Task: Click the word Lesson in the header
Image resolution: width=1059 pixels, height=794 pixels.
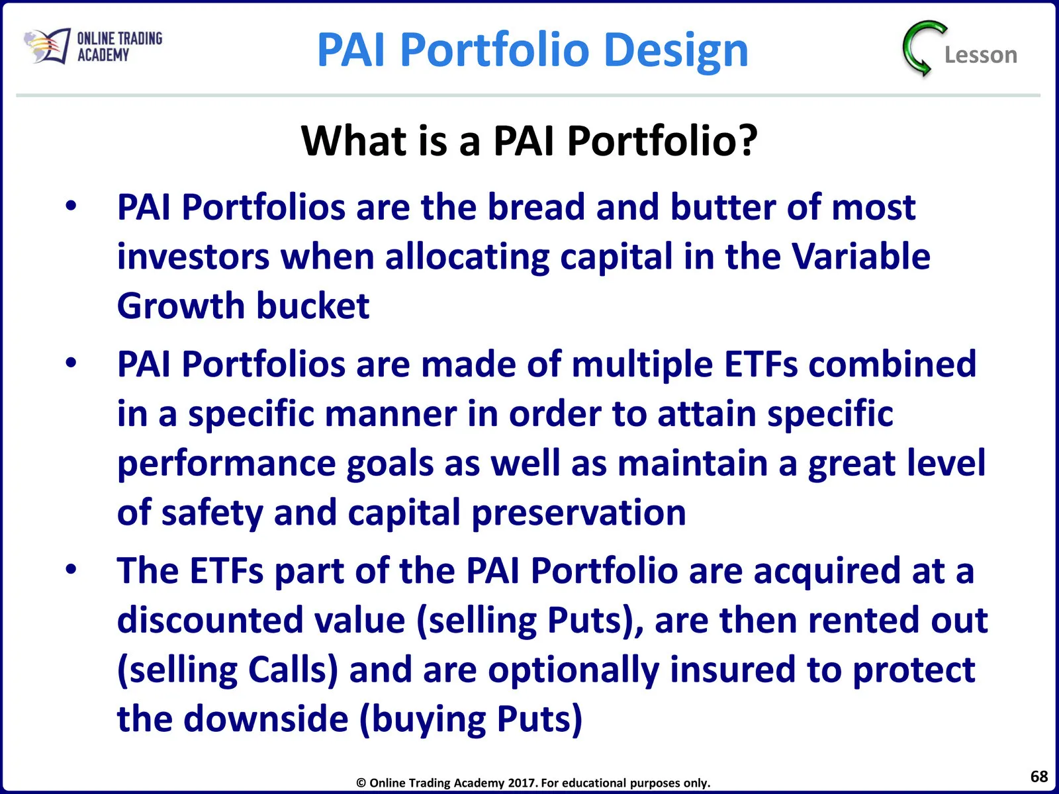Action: [x=981, y=55]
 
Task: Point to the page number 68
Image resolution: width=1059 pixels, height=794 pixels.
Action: [x=1038, y=776]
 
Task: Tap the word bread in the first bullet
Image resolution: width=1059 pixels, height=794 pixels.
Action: [x=536, y=207]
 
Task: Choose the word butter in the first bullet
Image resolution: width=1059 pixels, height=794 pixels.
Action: [x=722, y=207]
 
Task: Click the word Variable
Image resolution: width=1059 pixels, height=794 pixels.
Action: [x=862, y=257]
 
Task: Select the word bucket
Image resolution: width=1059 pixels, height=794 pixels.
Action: [x=313, y=306]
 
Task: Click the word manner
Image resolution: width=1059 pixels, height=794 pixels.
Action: [x=391, y=414]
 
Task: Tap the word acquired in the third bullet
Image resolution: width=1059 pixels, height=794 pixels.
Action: [x=827, y=571]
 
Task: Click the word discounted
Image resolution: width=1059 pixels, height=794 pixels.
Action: [x=210, y=620]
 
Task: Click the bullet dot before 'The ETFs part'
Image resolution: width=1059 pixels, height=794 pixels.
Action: [x=71, y=569]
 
